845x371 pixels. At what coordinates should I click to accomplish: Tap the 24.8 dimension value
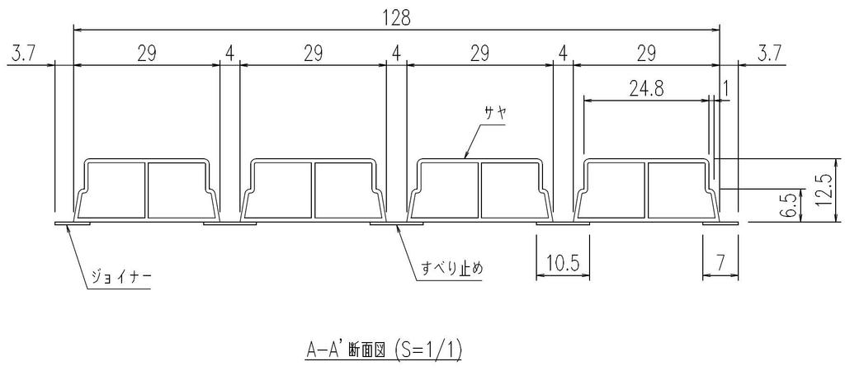[x=647, y=89]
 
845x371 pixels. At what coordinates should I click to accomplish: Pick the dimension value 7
[x=720, y=262]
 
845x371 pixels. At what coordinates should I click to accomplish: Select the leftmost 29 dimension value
[x=147, y=54]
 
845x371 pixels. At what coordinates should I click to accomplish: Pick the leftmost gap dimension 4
[x=230, y=54]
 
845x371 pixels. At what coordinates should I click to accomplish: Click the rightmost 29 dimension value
[x=647, y=54]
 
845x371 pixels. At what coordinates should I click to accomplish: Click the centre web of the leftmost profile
[x=147, y=190]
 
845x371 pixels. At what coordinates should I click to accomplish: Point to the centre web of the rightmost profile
[x=647, y=190]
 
